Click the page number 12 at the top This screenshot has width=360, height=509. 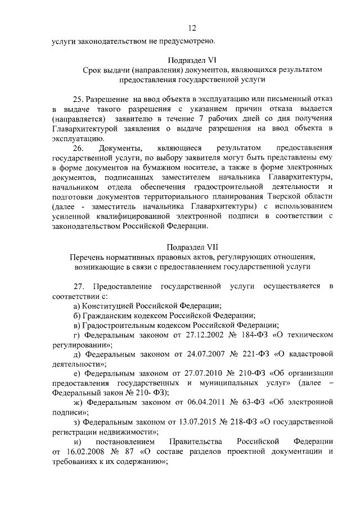point(192,29)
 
